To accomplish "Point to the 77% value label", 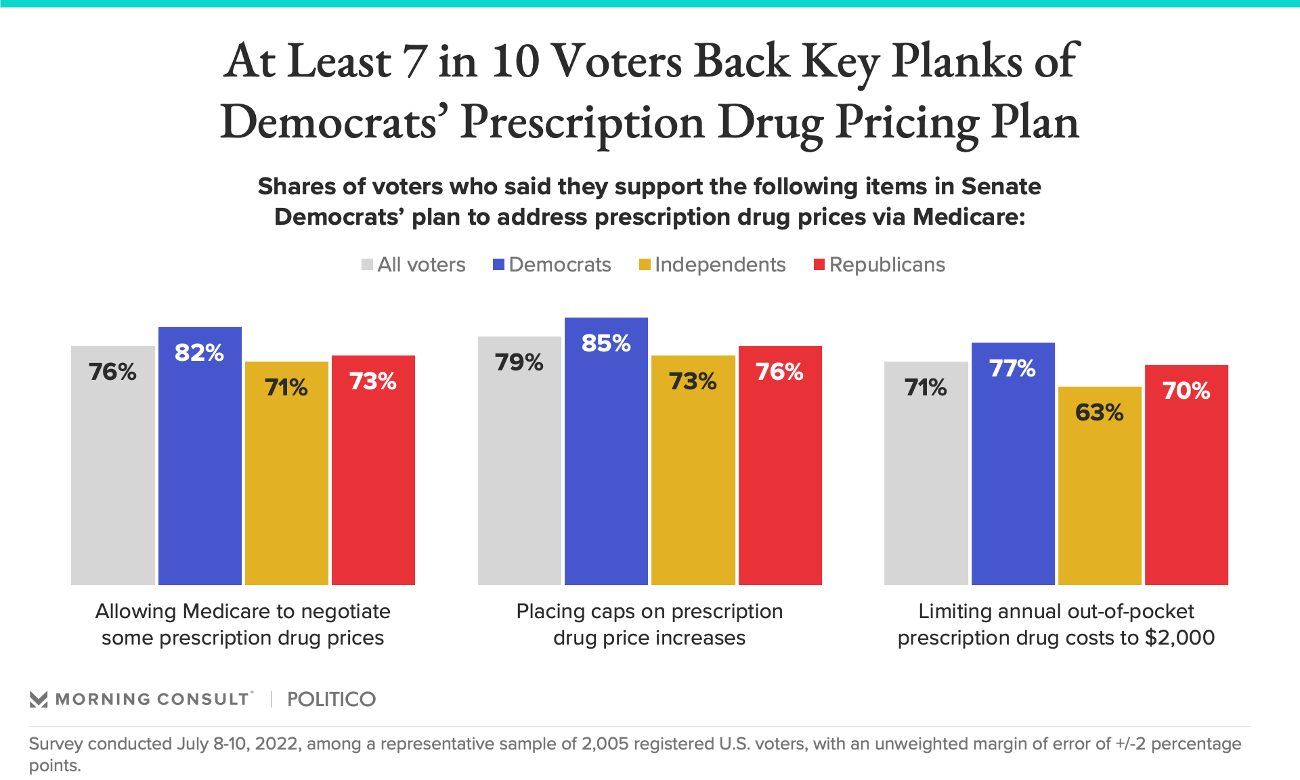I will (x=1012, y=368).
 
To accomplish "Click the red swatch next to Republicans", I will (x=819, y=265).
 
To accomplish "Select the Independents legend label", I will (x=720, y=265).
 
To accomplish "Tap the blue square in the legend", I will (x=499, y=265).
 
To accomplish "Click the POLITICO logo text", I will (x=331, y=699).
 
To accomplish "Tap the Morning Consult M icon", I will (x=39, y=699).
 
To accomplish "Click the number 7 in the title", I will (x=414, y=62).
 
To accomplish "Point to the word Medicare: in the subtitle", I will (x=969, y=217).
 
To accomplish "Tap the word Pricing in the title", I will (x=907, y=123).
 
